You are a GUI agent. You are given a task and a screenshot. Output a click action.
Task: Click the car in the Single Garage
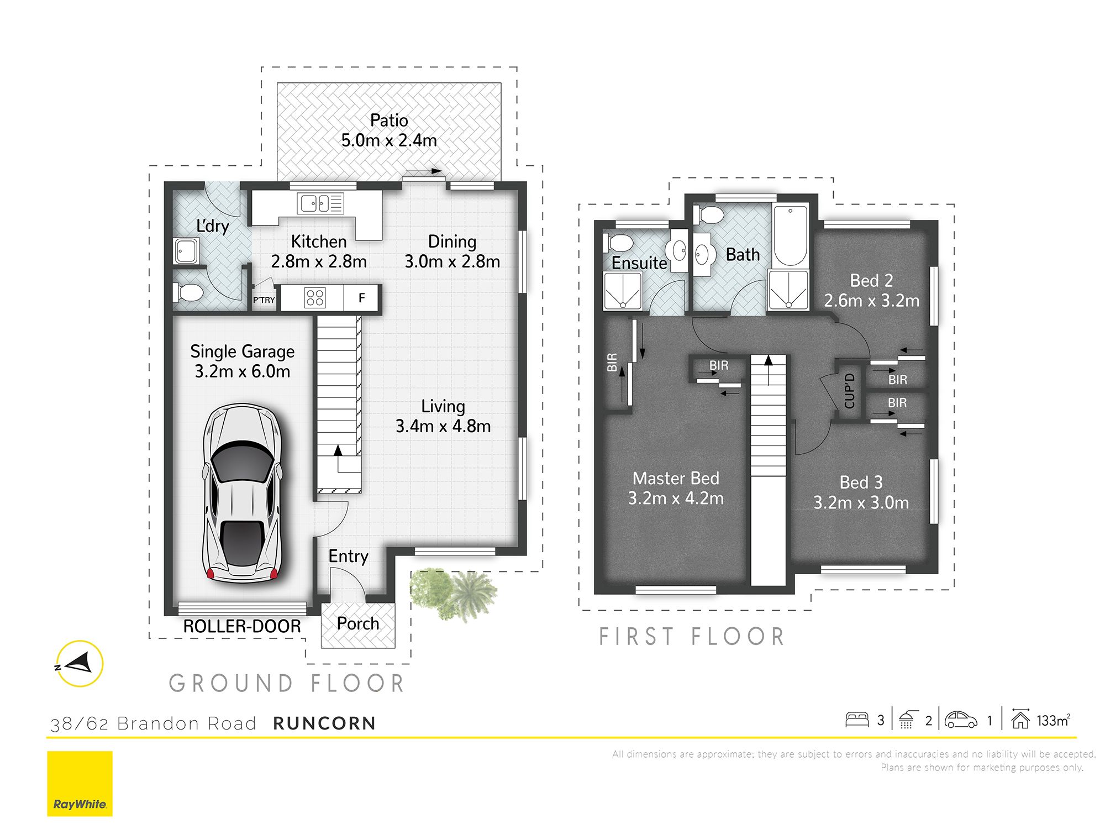pos(243,493)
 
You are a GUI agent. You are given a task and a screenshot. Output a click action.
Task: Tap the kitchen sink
pos(320,203)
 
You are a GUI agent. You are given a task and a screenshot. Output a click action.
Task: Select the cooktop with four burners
pos(315,298)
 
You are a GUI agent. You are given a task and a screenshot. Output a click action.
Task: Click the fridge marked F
pos(361,298)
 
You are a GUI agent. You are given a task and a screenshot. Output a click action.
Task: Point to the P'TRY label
pos(264,300)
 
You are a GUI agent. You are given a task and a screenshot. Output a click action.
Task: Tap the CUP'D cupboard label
pos(850,391)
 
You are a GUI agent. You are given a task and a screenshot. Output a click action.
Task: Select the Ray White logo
pos(80,783)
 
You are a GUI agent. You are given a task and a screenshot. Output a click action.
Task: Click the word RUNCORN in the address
pos(324,723)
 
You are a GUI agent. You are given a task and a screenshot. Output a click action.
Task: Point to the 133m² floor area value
pos(1053,720)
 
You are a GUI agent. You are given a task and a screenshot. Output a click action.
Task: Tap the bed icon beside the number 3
pos(857,720)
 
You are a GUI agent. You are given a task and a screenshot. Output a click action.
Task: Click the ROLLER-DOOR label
pos(242,626)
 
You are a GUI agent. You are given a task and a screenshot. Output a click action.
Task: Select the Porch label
pos(358,624)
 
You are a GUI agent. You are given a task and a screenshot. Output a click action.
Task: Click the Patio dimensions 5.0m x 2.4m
pos(389,140)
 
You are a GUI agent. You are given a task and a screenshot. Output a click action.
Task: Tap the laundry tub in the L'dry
pos(187,251)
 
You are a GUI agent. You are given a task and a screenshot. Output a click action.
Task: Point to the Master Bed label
pos(676,478)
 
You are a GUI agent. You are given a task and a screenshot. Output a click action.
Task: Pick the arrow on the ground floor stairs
pos(338,450)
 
